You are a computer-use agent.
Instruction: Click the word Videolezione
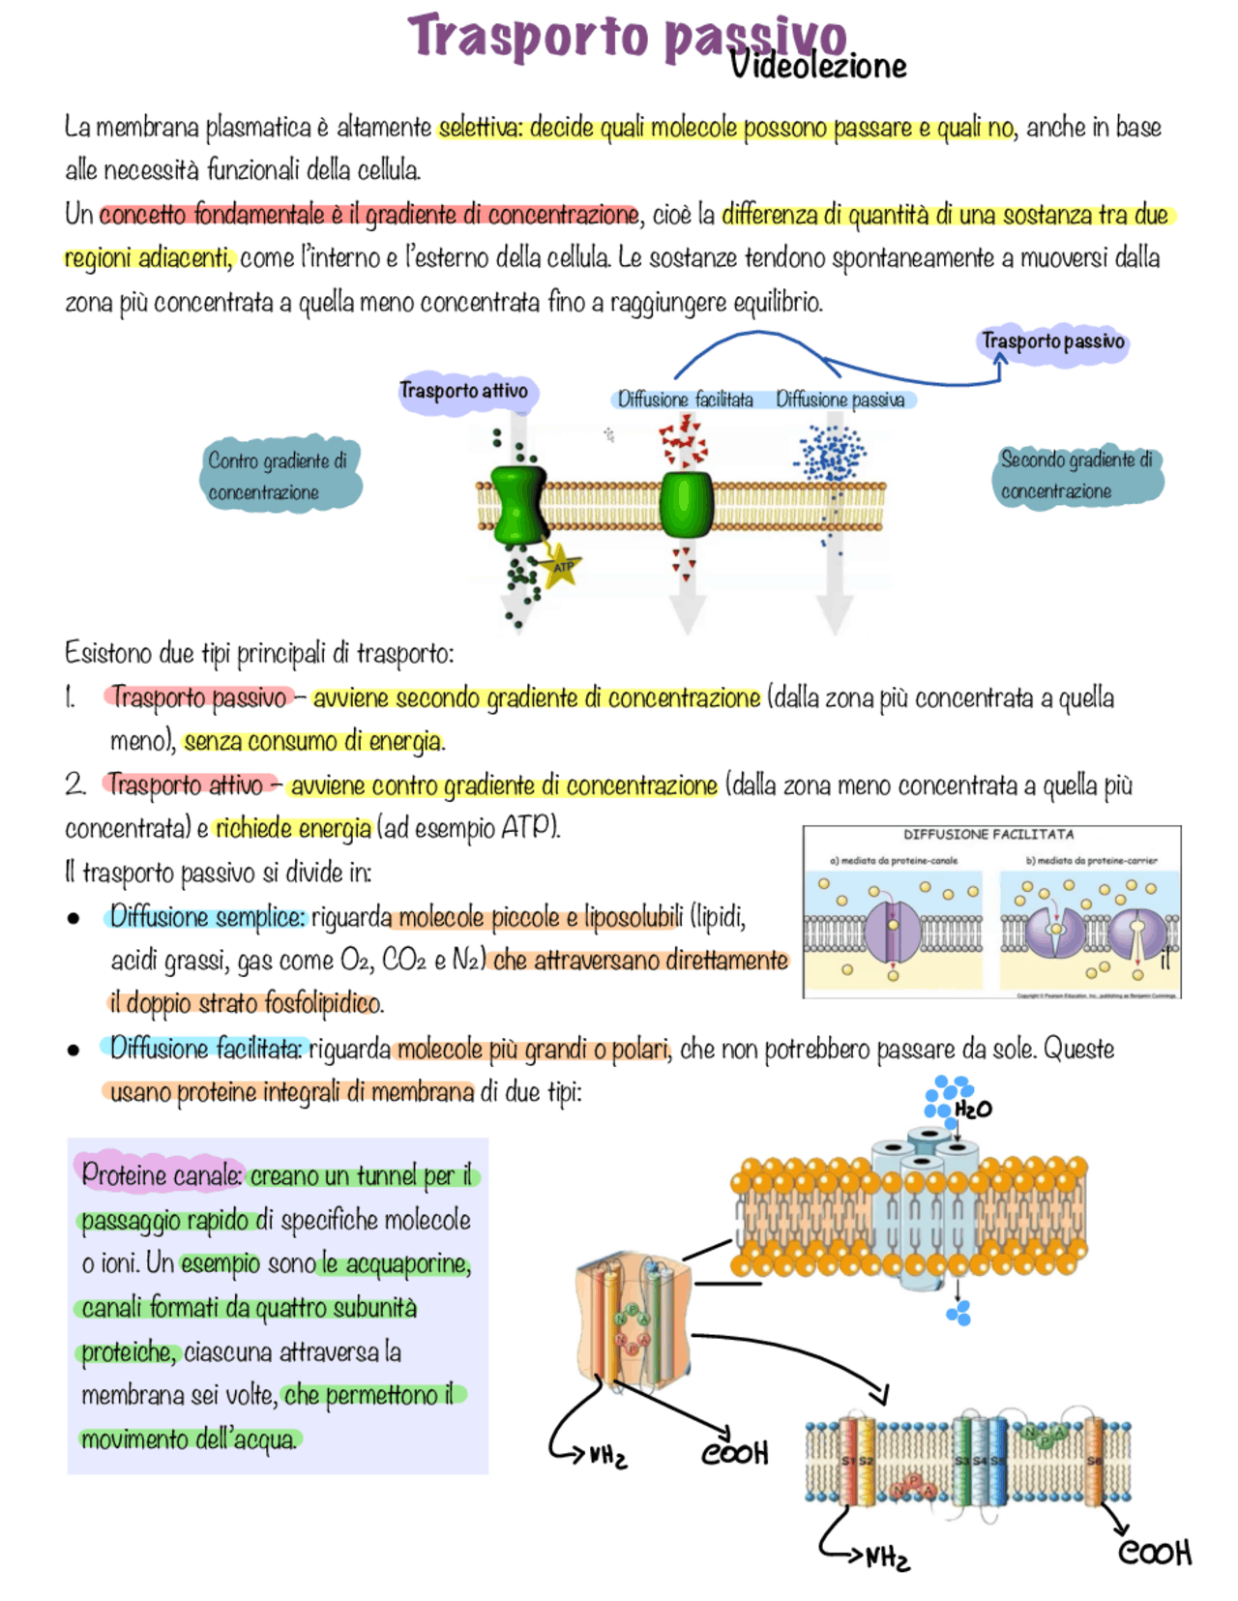tap(818, 66)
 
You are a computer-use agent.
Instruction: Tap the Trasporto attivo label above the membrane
tap(463, 391)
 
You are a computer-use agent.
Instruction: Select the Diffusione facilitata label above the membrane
tap(685, 400)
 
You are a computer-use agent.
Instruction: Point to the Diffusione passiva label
tap(840, 400)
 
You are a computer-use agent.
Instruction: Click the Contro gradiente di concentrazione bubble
tap(278, 475)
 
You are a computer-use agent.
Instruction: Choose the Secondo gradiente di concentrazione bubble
tap(1076, 474)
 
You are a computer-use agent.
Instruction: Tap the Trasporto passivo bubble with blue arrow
tap(1053, 341)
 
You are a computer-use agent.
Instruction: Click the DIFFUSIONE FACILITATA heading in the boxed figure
tap(988, 834)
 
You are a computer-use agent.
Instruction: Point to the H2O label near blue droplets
tap(973, 1109)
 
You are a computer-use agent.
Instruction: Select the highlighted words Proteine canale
tap(161, 1174)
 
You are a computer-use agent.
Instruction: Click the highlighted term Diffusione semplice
tap(207, 916)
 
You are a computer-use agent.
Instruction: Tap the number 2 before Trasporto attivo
tap(75, 784)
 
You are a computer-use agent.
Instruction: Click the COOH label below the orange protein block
tap(735, 1453)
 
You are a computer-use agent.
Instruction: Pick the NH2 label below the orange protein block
tap(607, 1455)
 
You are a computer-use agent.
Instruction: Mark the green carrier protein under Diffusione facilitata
tap(686, 504)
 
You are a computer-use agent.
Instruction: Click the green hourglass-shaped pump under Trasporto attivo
tap(519, 505)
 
